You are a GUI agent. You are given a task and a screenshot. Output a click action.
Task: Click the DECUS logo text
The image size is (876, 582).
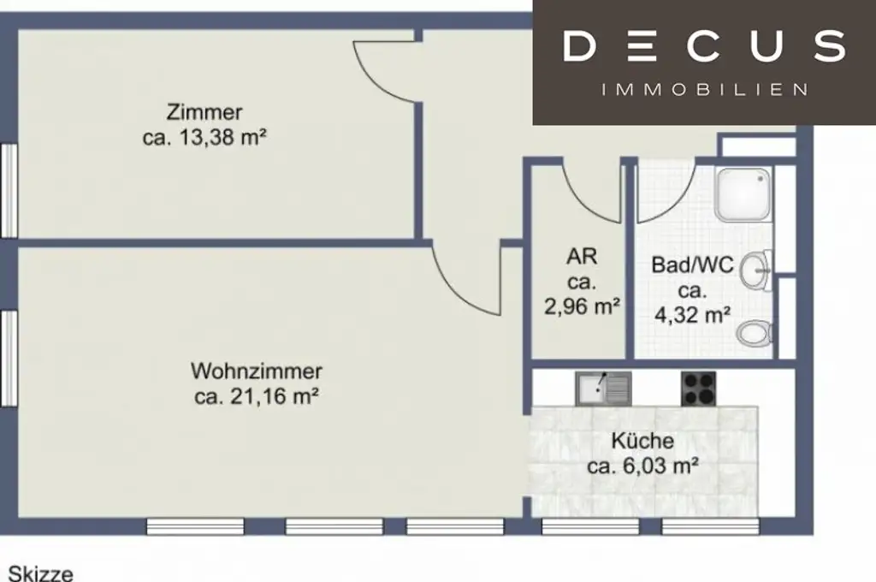704,46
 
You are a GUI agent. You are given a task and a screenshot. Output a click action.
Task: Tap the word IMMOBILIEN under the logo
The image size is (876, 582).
704,90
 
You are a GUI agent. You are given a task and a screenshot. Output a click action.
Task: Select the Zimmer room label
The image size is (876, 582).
204,112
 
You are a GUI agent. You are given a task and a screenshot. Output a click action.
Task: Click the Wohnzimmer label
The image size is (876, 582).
257,371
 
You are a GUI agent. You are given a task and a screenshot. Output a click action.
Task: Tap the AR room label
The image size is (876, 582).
582,256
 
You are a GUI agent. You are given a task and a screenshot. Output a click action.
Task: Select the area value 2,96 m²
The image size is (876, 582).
582,306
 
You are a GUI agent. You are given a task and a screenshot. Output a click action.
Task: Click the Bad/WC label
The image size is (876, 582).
692,265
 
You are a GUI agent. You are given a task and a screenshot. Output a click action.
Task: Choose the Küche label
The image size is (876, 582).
642,442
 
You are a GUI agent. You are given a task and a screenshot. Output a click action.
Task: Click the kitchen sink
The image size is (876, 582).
602,389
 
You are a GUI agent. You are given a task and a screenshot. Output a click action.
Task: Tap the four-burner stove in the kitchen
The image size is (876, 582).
698,389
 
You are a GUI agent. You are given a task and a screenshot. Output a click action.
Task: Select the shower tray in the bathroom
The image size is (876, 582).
743,194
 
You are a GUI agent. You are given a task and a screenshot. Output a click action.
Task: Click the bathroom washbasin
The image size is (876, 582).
755,271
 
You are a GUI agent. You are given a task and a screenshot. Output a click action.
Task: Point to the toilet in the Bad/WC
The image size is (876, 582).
755,332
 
